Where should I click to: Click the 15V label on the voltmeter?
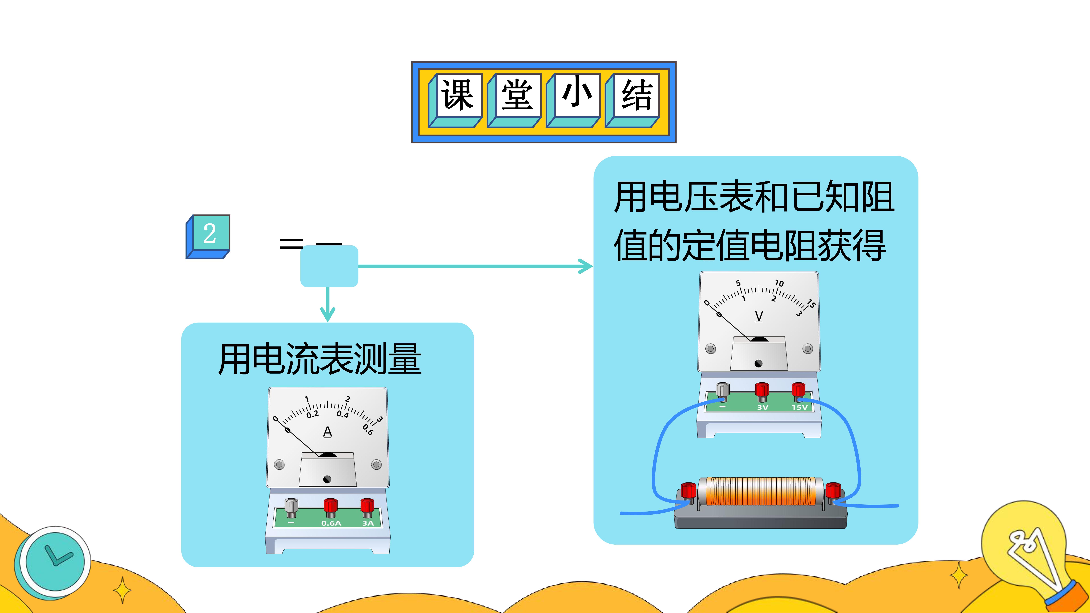799,407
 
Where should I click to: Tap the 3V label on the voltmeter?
762,407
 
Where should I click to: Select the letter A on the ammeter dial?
328,432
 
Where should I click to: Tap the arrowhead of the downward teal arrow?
328,315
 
